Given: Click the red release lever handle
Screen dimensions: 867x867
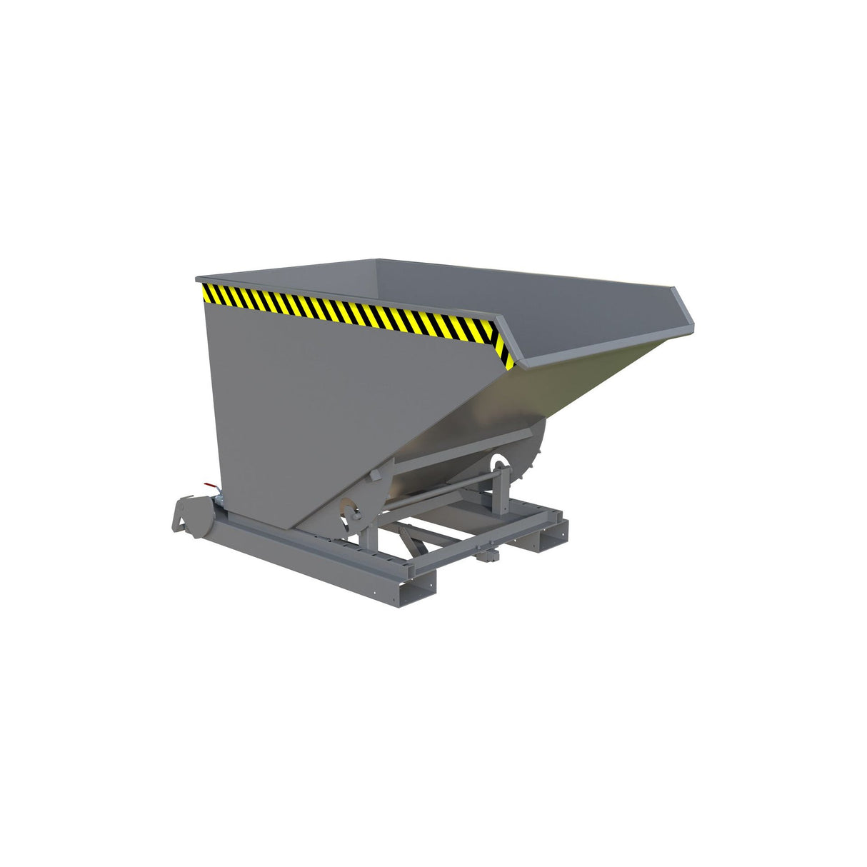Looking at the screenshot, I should [209, 486].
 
